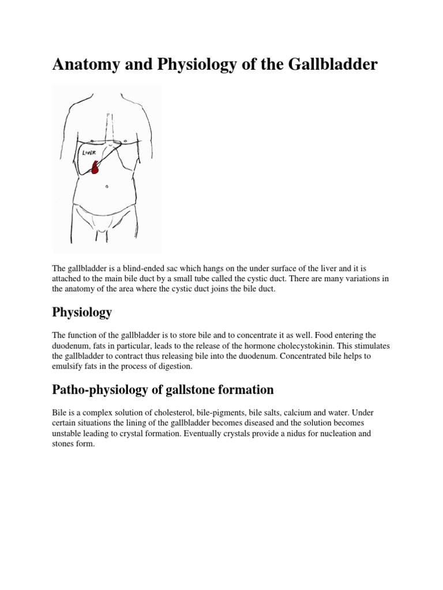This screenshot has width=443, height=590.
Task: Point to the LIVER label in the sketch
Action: [89, 153]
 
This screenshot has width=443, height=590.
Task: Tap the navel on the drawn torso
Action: [107, 187]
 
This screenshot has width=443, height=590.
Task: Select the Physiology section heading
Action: [82, 312]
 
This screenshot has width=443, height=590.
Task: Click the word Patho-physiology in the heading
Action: [103, 389]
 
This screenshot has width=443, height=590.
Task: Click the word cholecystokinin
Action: [328, 345]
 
